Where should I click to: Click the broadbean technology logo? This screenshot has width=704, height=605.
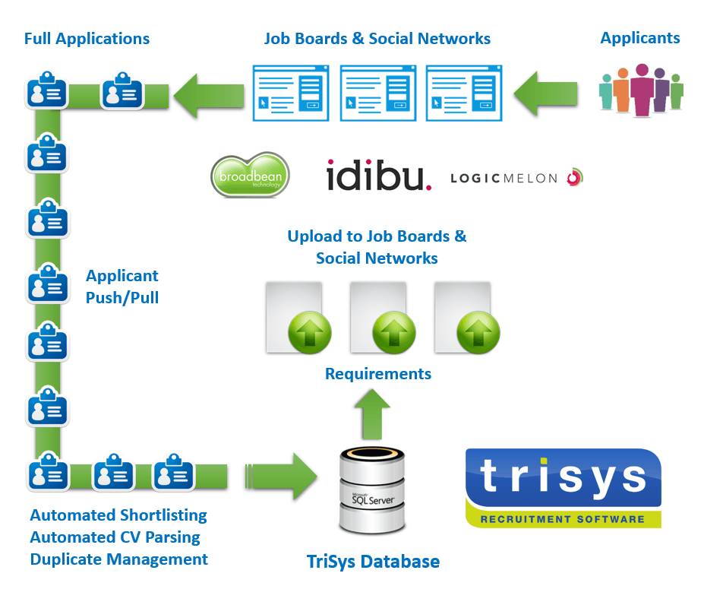[249, 175]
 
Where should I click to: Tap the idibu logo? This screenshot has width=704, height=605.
[378, 175]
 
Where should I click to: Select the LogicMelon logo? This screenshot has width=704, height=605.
[516, 178]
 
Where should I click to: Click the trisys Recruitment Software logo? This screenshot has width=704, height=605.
[563, 488]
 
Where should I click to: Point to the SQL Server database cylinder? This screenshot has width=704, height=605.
[372, 490]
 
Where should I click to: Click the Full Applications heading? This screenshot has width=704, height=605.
[87, 38]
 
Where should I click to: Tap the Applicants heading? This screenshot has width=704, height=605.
[640, 38]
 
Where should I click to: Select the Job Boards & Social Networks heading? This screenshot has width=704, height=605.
[377, 39]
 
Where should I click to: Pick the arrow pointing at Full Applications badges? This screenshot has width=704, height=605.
[209, 95]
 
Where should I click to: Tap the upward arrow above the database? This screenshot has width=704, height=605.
[372, 412]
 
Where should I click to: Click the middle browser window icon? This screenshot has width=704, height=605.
[378, 93]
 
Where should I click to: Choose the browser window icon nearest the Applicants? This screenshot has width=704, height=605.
[464, 93]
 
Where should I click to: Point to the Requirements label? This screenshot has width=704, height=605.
[378, 374]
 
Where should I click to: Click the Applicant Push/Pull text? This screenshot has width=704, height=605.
[122, 287]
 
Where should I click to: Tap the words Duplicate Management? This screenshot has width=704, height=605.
[119, 559]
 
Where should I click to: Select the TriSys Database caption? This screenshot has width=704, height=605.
[373, 562]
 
